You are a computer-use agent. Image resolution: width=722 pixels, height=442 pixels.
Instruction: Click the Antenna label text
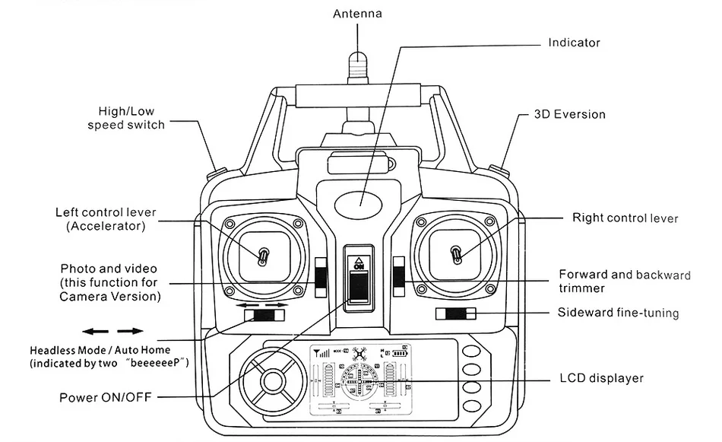(357, 14)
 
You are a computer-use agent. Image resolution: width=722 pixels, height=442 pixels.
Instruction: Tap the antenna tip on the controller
(358, 57)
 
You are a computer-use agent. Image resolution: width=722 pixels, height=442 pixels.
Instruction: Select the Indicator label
(575, 43)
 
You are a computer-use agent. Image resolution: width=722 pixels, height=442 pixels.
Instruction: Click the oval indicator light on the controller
(358, 202)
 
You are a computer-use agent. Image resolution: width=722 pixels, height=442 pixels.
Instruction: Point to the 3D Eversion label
(569, 114)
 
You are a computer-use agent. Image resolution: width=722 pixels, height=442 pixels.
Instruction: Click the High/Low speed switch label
(126, 118)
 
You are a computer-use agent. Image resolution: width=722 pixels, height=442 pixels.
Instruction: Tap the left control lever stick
(264, 256)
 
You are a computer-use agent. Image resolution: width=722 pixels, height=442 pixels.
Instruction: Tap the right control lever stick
(456, 254)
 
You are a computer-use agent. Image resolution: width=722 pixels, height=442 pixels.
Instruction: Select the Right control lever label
(625, 218)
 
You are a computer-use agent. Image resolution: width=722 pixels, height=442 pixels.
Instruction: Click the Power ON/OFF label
(106, 397)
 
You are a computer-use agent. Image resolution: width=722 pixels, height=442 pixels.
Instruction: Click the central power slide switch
(359, 286)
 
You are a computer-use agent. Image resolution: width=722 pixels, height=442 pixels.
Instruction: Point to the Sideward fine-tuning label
(618, 313)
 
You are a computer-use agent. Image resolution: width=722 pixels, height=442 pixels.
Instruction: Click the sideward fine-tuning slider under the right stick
(456, 314)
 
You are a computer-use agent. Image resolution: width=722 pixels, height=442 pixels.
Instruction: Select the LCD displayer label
(601, 378)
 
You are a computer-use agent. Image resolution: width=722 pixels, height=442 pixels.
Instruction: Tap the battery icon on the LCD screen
(400, 354)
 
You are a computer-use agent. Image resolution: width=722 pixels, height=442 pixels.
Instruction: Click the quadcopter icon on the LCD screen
(359, 354)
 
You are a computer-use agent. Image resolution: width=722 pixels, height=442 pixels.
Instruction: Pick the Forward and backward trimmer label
(625, 281)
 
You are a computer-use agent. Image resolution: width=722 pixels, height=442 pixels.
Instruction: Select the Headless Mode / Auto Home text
(100, 350)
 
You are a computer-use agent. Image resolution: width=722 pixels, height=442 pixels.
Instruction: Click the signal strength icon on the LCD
(321, 354)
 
